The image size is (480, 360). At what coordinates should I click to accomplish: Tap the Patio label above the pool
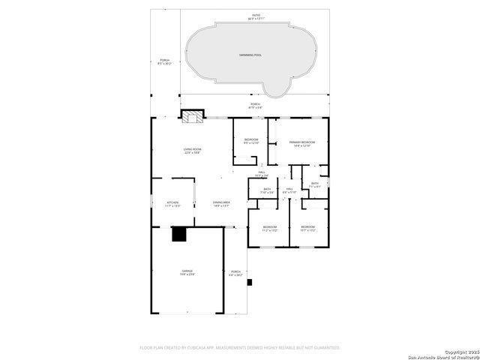tap(256, 16)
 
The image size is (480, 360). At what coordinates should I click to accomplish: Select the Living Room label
tap(192, 151)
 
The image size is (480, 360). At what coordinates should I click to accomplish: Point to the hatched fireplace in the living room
tap(192, 116)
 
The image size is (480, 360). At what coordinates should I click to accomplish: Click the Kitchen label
tap(172, 204)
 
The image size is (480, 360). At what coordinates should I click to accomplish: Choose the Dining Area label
tap(221, 204)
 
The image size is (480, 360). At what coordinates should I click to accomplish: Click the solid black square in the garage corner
tap(178, 235)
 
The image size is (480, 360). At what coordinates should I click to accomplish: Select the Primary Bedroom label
tap(301, 143)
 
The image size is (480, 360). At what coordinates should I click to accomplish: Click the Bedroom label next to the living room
tap(250, 141)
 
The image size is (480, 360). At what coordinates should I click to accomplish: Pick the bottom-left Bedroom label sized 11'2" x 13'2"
tap(270, 228)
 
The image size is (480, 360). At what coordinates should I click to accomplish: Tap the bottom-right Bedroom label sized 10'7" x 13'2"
tap(308, 228)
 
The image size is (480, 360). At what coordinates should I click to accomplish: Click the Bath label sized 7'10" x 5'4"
tap(267, 190)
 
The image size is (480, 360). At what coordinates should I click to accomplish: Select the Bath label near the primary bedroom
tap(315, 184)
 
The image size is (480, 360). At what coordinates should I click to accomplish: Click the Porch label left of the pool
tap(164, 62)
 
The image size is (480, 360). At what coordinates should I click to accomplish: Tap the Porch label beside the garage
tap(235, 273)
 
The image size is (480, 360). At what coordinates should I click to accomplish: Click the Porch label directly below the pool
tap(255, 106)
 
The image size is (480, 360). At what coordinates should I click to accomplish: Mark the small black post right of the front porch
tap(250, 283)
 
